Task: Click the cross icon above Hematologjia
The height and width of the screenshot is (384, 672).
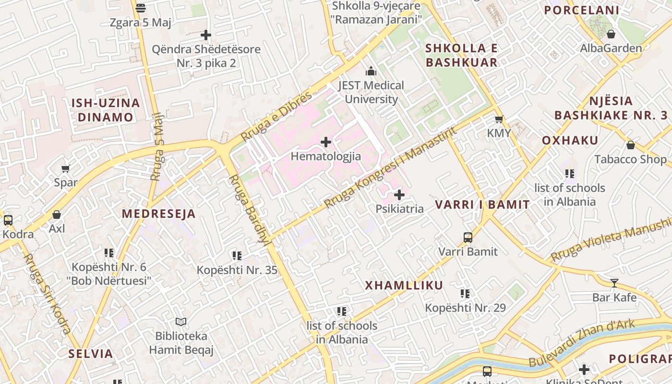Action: [326, 142]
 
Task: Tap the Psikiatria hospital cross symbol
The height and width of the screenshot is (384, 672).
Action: [399, 195]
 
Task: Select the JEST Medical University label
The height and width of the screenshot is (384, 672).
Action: [371, 92]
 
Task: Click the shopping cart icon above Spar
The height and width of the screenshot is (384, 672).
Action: [66, 168]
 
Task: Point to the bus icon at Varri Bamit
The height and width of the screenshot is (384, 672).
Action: [468, 238]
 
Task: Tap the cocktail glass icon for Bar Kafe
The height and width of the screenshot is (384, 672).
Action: [614, 283]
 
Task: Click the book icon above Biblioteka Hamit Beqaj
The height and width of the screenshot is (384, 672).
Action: [181, 322]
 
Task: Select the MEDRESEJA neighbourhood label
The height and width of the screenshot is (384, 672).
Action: [159, 214]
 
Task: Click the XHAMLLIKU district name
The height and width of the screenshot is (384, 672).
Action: [404, 286]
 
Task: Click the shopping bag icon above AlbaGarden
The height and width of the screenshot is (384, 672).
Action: [611, 34]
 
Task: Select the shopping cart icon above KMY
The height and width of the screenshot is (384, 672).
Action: [499, 119]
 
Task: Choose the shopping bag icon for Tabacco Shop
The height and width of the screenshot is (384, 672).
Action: [631, 145]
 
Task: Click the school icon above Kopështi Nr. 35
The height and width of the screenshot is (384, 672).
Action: [237, 256]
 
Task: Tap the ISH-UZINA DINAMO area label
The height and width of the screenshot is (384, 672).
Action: [106, 110]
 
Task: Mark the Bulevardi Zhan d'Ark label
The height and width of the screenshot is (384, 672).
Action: [582, 343]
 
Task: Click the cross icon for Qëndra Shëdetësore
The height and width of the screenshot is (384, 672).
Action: [206, 35]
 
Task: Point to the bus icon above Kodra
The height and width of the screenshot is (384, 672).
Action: [8, 220]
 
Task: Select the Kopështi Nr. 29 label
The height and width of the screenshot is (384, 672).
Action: [465, 308]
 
